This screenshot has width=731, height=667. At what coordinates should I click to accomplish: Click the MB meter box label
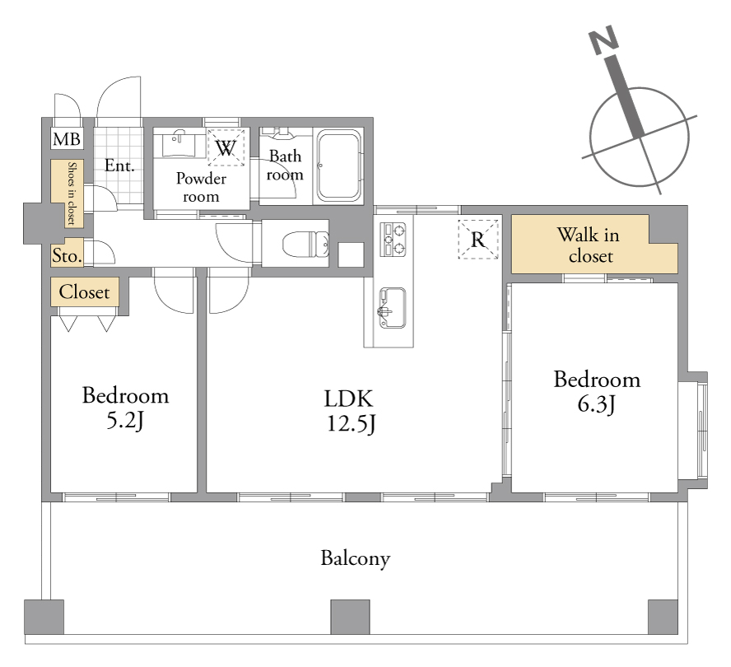point(67,139)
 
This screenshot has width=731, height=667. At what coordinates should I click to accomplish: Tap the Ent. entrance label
point(119,166)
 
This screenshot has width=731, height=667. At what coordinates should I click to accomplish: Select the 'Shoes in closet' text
point(72,194)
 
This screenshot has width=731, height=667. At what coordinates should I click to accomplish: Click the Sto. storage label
point(68,255)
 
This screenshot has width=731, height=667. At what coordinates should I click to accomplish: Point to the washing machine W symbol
point(226,148)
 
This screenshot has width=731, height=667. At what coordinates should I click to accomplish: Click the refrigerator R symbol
point(478,240)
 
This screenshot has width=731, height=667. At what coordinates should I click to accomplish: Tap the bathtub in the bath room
point(339,166)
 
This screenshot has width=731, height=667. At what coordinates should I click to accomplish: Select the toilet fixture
point(306,244)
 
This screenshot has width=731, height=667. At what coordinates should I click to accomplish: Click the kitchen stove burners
point(393,240)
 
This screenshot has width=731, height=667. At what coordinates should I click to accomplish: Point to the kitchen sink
point(393,308)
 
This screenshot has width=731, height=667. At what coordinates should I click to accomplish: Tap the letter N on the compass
point(603,40)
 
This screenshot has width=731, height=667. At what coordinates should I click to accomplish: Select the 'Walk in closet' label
point(589,245)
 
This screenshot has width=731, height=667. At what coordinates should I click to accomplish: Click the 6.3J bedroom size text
point(596,404)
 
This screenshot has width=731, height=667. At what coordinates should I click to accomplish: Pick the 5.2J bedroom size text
point(125,421)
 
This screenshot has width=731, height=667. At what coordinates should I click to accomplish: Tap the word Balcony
point(356,558)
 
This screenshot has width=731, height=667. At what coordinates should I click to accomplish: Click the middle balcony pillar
point(350,617)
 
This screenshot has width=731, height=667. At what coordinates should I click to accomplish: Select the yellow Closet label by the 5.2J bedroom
point(85,292)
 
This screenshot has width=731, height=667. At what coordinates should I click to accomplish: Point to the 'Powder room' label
point(201,187)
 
